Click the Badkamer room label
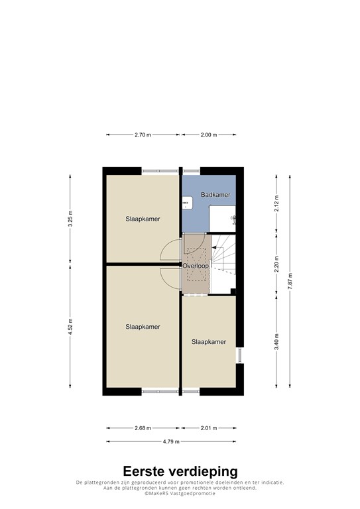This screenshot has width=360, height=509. pyautogui.click(x=215, y=195)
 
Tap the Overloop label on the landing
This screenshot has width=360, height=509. pyautogui.click(x=196, y=266)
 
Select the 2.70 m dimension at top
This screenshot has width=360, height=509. pyautogui.click(x=143, y=135)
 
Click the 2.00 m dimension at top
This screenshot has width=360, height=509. pyautogui.click(x=209, y=135)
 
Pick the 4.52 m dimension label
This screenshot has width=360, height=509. pyautogui.click(x=70, y=327)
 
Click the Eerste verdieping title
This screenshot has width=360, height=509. pyautogui.click(x=180, y=471)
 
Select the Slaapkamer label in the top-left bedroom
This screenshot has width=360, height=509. pyautogui.click(x=143, y=219)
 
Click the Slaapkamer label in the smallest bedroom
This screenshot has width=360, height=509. pyautogui.click(x=208, y=342)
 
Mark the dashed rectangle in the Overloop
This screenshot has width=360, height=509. pyautogui.click(x=196, y=264)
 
